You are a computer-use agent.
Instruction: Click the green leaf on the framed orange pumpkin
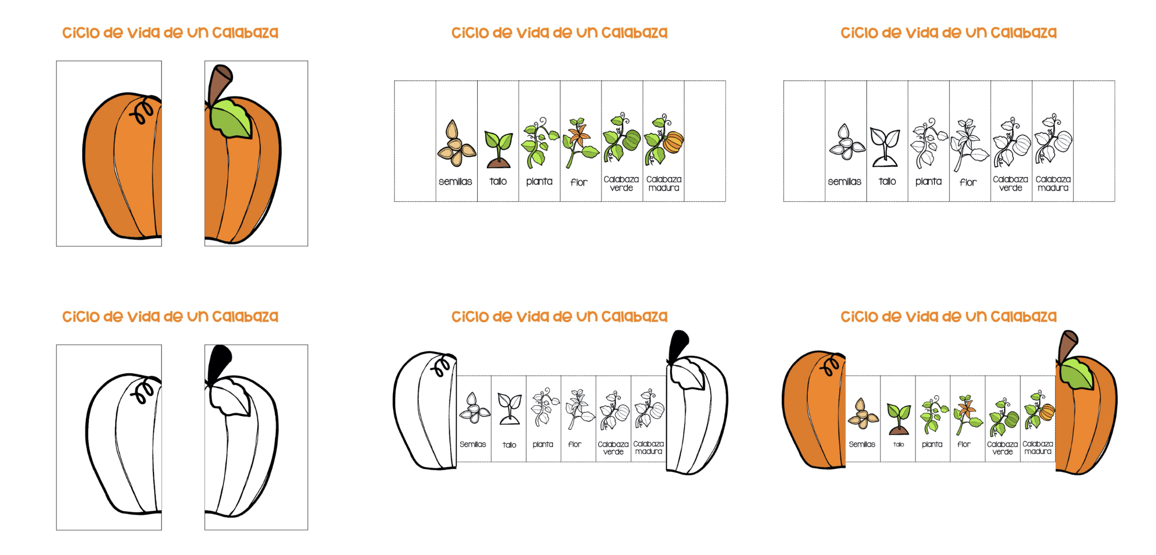point(230,119)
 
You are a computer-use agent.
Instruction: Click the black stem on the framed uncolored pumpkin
point(219,363)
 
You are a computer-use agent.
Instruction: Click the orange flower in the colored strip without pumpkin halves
point(577,134)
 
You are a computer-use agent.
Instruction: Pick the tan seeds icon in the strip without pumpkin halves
point(455,144)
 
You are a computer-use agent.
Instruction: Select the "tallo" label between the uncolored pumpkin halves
point(509,445)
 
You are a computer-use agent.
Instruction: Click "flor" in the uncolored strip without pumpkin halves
point(968,182)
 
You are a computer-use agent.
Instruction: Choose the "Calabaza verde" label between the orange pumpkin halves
point(1002,448)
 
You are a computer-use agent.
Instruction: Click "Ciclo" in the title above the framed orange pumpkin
point(81,33)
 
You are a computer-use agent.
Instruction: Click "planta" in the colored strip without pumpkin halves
point(539,182)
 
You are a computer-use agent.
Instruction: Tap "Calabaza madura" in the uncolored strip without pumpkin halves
point(1053,184)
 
